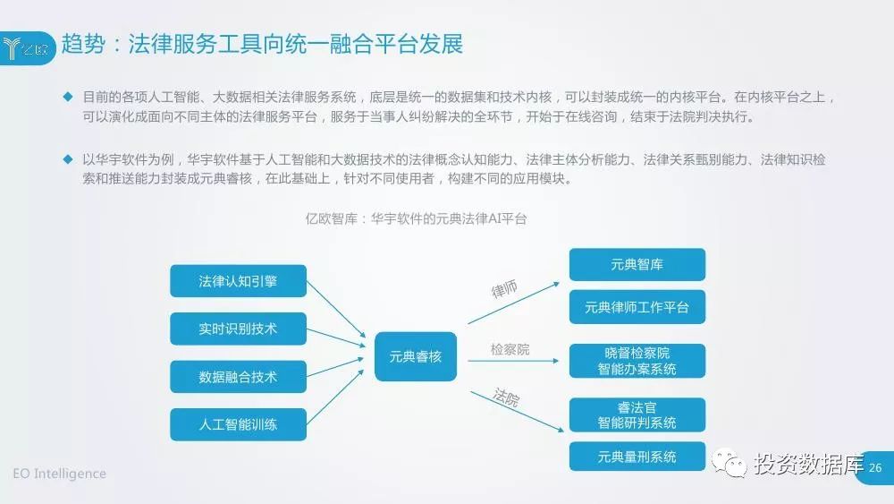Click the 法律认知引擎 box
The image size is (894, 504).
click(x=238, y=281)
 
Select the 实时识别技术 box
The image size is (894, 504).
click(x=238, y=329)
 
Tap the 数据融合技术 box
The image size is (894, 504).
click(x=238, y=377)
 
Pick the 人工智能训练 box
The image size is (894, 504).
click(x=238, y=424)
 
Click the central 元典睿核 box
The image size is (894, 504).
click(x=415, y=355)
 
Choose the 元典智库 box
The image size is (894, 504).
click(x=637, y=265)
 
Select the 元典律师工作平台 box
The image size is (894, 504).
click(x=637, y=307)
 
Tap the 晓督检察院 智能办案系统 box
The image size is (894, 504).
click(x=637, y=361)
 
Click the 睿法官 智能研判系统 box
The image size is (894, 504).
click(x=637, y=414)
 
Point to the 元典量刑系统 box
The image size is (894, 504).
click(x=637, y=457)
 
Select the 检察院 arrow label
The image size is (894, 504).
click(x=510, y=349)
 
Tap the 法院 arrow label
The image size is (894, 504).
click(x=506, y=397)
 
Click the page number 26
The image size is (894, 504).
click(x=875, y=468)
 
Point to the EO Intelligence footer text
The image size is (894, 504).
click(x=59, y=474)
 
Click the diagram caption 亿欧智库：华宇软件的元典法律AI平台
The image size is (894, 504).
click(x=416, y=218)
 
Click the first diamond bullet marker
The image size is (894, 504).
click(x=67, y=96)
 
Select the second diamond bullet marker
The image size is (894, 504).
click(x=67, y=158)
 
